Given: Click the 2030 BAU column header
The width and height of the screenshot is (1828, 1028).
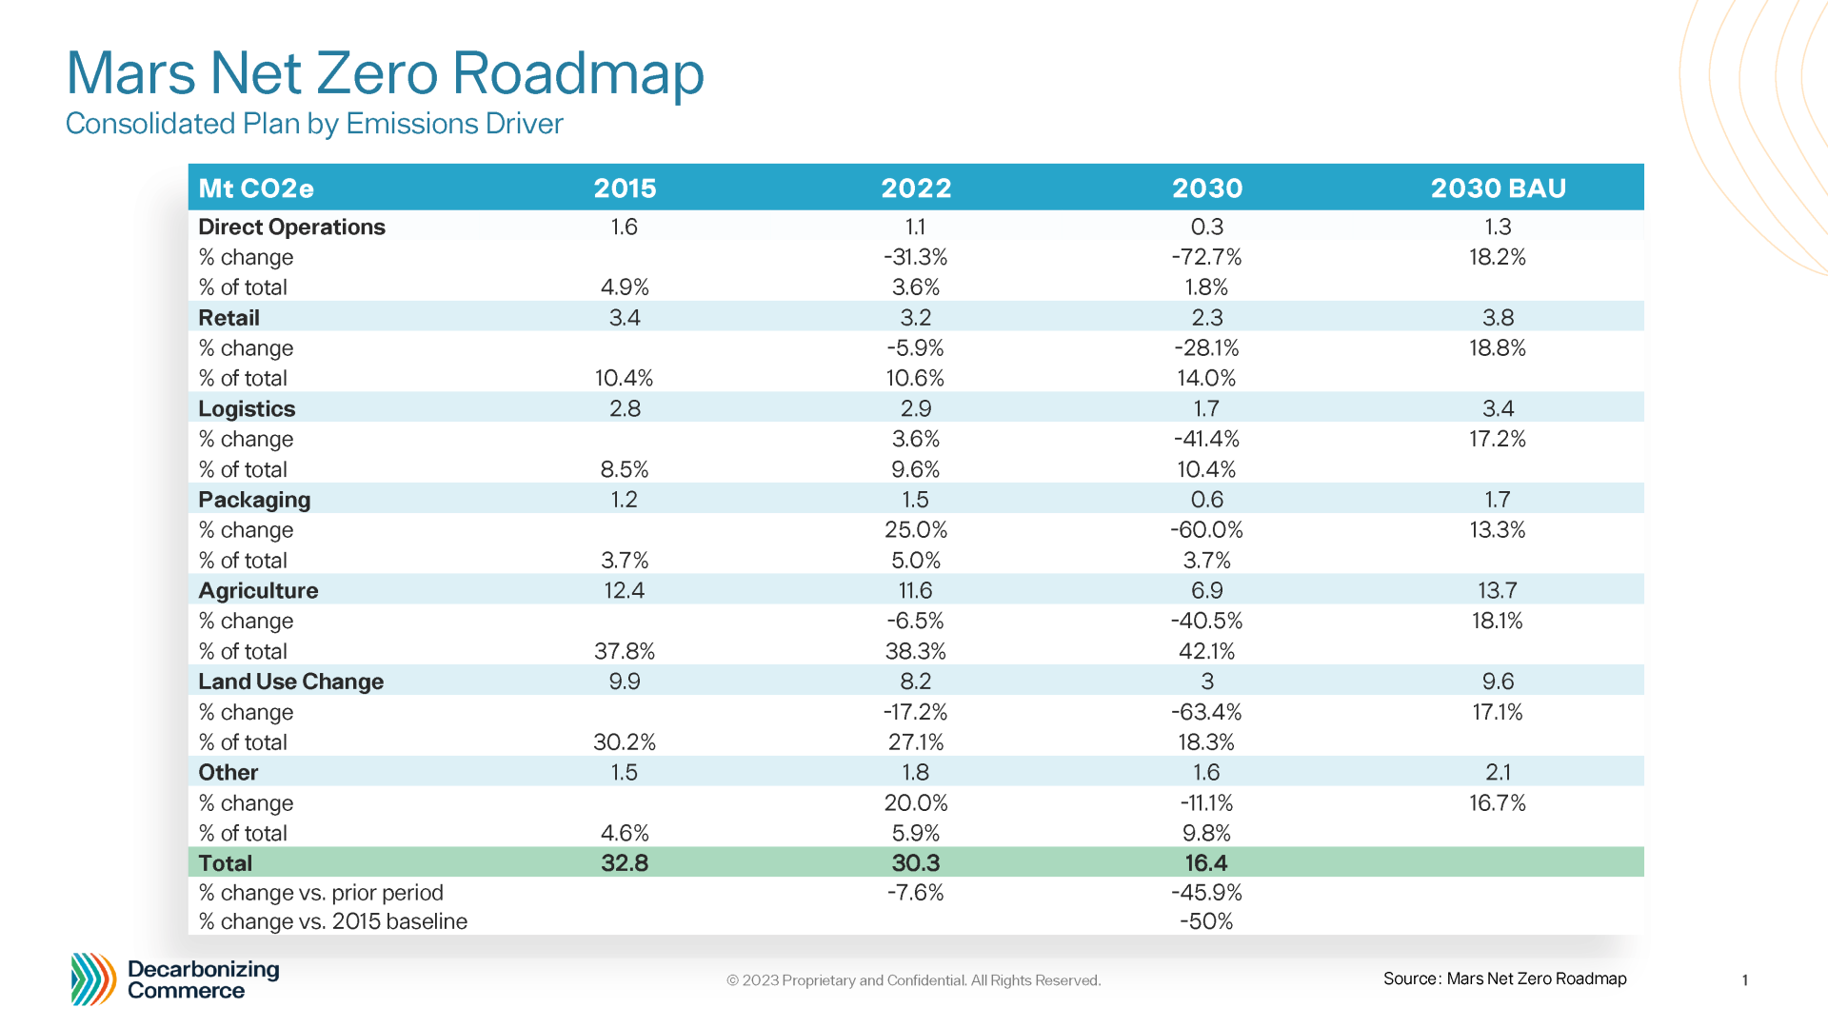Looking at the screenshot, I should click(x=1498, y=188).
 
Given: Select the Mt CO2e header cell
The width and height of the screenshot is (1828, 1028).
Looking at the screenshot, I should click(x=256, y=188).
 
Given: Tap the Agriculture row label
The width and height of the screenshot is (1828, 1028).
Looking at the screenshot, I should click(x=258, y=590).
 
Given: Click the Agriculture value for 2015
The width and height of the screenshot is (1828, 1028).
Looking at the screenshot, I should click(x=624, y=590).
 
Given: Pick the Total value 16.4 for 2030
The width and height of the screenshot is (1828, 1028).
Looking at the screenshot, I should click(x=1205, y=862).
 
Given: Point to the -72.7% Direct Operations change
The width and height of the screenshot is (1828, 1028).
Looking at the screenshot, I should click(x=1205, y=257).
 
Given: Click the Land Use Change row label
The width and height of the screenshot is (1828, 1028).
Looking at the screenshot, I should click(x=290, y=682).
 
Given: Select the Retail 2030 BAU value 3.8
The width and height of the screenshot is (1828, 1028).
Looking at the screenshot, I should click(x=1498, y=317).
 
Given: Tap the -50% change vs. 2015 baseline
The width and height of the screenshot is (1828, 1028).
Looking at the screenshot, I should click(x=1205, y=921).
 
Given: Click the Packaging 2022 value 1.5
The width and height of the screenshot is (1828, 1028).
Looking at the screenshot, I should click(x=915, y=500).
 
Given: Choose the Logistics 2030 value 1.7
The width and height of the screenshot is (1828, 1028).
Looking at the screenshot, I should click(x=1205, y=408).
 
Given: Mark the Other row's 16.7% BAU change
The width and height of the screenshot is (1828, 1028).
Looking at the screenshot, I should click(x=1497, y=802).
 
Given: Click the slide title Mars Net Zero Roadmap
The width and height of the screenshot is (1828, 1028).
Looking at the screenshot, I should click(x=385, y=72).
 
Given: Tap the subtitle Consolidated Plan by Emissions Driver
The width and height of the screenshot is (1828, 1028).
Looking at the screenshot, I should click(x=314, y=124).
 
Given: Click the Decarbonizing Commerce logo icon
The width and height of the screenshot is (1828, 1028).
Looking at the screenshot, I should click(x=93, y=979).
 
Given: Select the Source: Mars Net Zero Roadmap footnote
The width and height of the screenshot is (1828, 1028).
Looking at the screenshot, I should click(x=1504, y=979).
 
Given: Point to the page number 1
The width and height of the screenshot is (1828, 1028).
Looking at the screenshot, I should click(x=1744, y=980).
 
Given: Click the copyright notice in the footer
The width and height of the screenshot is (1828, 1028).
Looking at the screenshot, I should click(x=913, y=980).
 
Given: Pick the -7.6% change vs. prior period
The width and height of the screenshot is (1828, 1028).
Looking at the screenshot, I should click(x=915, y=893).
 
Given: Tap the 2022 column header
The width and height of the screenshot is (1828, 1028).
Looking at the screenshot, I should click(x=915, y=188).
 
